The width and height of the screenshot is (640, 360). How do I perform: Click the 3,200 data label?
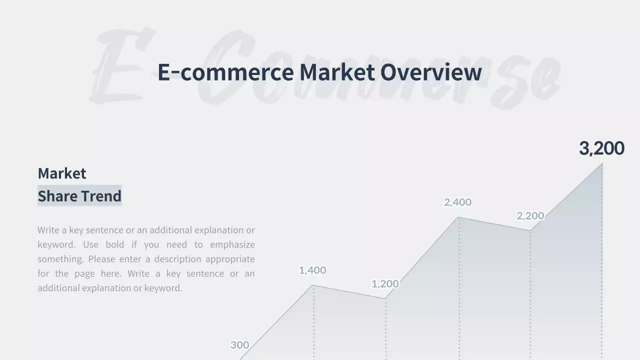pos(601,148)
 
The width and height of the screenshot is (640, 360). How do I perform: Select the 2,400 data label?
pos(457,202)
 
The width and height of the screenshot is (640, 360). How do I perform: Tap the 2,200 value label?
pos(530,216)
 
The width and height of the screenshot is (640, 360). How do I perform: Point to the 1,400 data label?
pos(312,270)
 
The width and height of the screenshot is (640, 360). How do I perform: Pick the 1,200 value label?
pos(385,284)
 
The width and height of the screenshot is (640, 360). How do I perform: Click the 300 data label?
pos(239,345)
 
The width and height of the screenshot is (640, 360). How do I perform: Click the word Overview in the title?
pos(431,72)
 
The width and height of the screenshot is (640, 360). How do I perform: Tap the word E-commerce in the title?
pos(225,72)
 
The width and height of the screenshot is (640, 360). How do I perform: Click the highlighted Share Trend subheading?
pos(79,196)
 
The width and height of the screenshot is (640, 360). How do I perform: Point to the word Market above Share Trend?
pos(62,173)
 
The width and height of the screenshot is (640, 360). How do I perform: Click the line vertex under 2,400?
pos(459,217)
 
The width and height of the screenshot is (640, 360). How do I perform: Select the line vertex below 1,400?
pos(313,285)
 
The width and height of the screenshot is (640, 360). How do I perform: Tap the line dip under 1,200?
pos(385,298)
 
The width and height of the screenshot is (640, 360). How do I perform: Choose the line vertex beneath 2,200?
pos(530,230)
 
